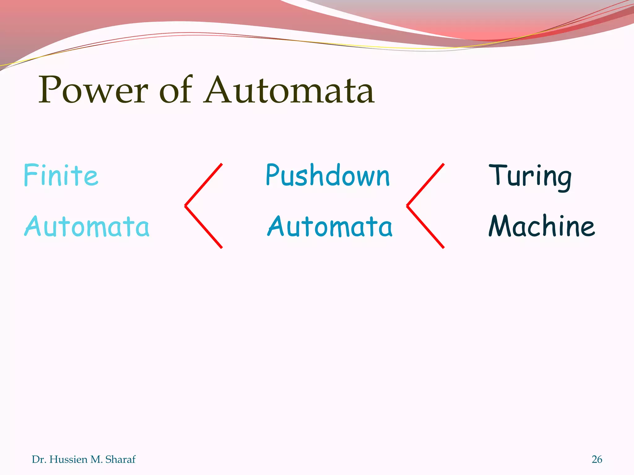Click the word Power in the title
[x=93, y=90]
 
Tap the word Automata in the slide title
[x=289, y=90]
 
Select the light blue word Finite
[x=61, y=175]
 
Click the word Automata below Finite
[x=87, y=227]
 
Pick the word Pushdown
[x=328, y=176]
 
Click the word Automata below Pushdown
[x=330, y=227]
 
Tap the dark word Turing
[x=530, y=176]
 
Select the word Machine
[x=542, y=226]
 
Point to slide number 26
[x=597, y=460]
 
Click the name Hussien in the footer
[x=68, y=460]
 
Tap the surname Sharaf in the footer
[x=120, y=460]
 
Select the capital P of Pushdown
[x=272, y=175]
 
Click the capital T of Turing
[x=497, y=175]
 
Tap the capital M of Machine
[x=500, y=226]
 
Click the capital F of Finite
[x=30, y=175]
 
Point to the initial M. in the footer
[x=96, y=460]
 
